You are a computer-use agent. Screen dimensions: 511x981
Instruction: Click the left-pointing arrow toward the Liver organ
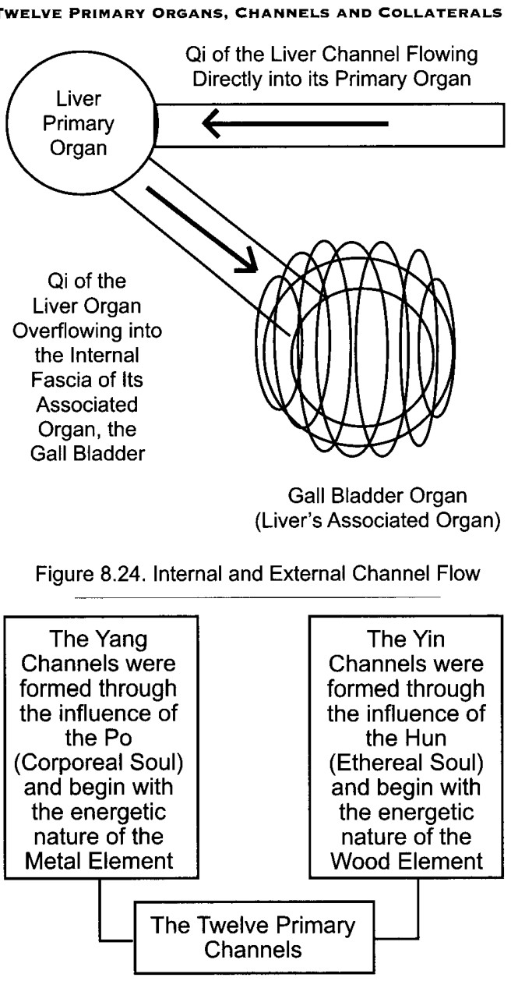coord(295,123)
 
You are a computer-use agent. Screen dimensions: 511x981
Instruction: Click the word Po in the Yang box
coord(120,738)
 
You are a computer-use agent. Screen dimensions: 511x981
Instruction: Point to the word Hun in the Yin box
coord(428,738)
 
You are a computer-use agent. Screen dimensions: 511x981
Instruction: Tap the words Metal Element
coord(99,861)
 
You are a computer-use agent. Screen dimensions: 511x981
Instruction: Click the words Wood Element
coord(407,861)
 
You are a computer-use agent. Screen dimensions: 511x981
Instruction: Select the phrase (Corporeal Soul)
coord(99,763)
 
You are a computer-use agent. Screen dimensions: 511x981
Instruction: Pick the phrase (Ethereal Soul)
coord(407,763)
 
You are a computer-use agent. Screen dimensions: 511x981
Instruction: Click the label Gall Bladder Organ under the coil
coord(378,497)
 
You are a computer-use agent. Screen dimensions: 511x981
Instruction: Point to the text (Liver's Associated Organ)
coord(378,521)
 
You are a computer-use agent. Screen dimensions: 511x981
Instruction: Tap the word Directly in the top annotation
coord(228,80)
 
